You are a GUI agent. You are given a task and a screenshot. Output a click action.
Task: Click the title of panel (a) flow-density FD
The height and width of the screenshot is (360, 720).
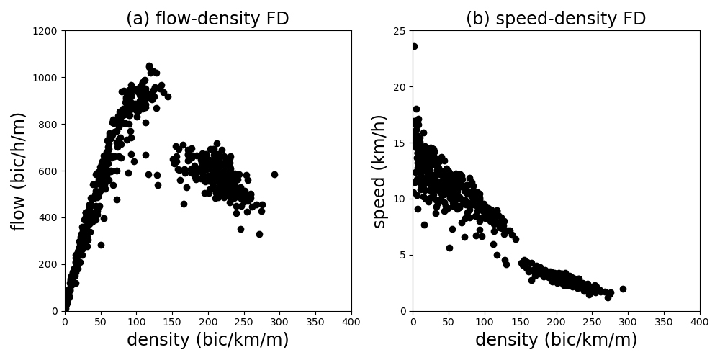(207, 19)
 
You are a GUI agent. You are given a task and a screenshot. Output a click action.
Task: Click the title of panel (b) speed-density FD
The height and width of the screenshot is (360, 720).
(555, 19)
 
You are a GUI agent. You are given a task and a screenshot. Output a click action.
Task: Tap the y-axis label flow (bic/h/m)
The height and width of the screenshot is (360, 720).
(19, 171)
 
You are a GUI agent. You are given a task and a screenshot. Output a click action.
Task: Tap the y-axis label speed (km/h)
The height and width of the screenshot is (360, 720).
(379, 171)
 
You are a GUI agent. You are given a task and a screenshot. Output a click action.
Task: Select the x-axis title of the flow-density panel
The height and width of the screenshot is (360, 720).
(207, 340)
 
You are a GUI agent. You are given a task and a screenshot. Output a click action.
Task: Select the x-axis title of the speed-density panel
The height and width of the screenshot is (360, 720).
(556, 340)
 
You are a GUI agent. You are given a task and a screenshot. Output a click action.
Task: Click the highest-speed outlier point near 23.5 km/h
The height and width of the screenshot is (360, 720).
(414, 46)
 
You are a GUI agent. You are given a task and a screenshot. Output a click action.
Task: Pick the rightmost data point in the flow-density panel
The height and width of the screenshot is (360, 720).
(274, 174)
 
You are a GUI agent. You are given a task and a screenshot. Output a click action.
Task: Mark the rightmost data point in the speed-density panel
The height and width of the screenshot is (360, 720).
(623, 289)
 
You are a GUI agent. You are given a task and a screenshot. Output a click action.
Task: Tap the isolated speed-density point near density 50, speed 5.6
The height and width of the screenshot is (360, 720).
(449, 248)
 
